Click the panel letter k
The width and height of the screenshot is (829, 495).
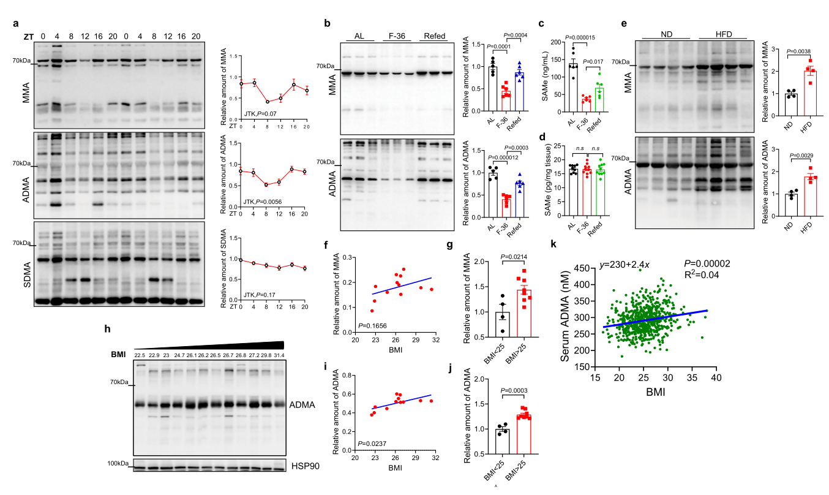coord(555,244)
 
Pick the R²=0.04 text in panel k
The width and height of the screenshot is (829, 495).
coord(704,276)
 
